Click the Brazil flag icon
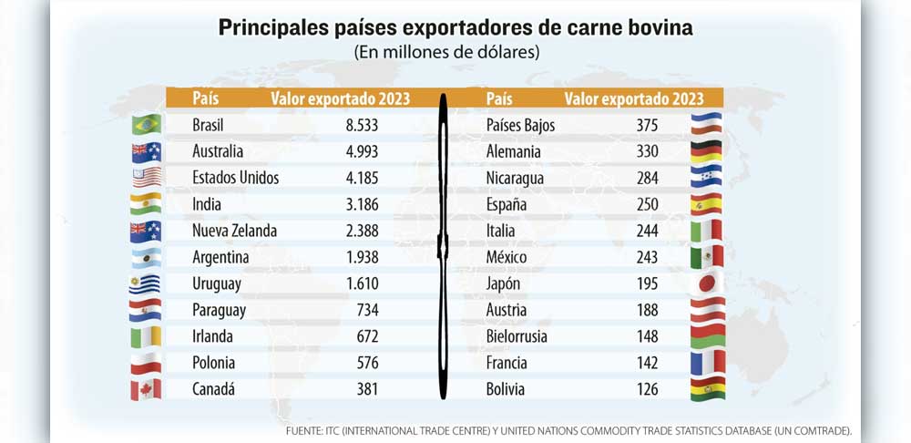point(147,124)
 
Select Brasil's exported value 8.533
point(362,125)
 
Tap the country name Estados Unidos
point(235,178)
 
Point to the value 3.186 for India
point(362,205)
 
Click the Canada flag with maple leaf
point(146,389)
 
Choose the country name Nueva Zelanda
point(235,231)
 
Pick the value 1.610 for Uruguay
point(362,283)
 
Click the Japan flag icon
point(707,283)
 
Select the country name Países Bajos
point(520,125)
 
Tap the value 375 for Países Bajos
point(647,125)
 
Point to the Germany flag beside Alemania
point(707,151)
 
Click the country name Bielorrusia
point(517,336)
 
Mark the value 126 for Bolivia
point(647,389)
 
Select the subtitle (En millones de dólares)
point(446,52)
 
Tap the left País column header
point(206,98)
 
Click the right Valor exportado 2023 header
point(634,98)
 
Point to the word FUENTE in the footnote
point(305,431)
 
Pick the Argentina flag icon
point(147,258)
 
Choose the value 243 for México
point(647,258)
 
